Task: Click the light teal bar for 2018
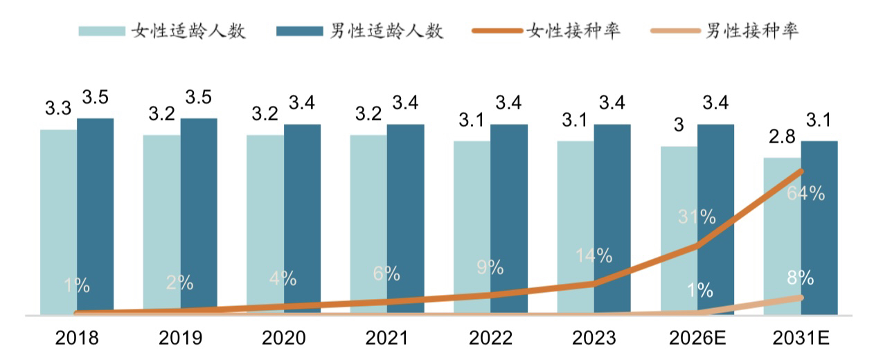click(x=58, y=222)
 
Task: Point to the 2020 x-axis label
click(x=284, y=338)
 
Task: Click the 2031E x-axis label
click(x=801, y=338)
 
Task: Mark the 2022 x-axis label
click(x=490, y=338)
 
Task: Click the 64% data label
click(x=805, y=194)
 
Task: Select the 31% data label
click(x=696, y=217)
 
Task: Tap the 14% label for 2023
click(x=594, y=255)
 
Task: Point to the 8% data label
click(x=800, y=279)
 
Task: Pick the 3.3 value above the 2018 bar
click(x=58, y=108)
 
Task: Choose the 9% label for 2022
click(x=490, y=267)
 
